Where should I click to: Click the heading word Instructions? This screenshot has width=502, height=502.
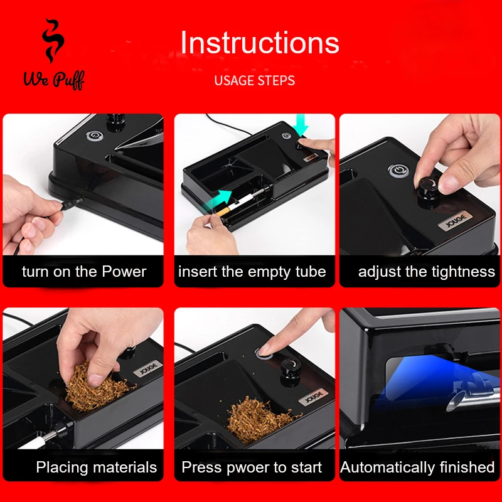pyautogui.click(x=260, y=43)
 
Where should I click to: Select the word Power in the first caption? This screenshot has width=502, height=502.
pyautogui.click(x=124, y=272)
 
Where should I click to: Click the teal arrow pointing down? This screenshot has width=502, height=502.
pyautogui.click(x=301, y=125)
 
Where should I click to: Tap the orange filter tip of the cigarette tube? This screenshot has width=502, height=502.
pyautogui.click(x=222, y=211)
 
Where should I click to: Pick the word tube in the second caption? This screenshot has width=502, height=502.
pyautogui.click(x=311, y=272)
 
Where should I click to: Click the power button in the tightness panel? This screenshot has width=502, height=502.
pyautogui.click(x=398, y=170)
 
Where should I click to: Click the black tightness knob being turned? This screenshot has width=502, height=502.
pyautogui.click(x=429, y=191)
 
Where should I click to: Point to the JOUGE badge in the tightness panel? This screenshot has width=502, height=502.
pyautogui.click(x=456, y=221)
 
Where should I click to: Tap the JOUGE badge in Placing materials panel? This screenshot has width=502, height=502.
pyautogui.click(x=147, y=368)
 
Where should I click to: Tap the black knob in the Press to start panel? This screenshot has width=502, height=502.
pyautogui.click(x=291, y=371)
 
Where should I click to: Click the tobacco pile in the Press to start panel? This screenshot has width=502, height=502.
pyautogui.click(x=260, y=419)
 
